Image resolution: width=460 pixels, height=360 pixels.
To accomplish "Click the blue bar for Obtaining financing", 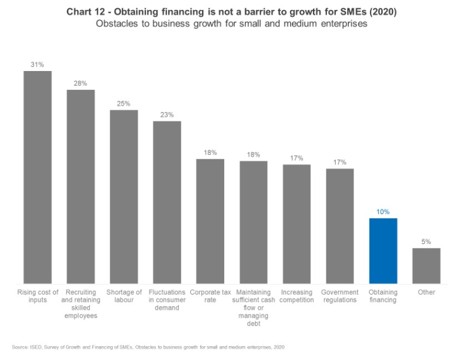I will [383, 251].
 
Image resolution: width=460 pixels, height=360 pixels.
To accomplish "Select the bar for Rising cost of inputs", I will [38, 178].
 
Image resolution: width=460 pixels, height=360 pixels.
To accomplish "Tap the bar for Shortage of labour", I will [124, 197].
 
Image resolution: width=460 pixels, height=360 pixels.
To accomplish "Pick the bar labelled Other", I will [426, 266].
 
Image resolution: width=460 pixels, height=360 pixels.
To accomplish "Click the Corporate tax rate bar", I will [210, 221].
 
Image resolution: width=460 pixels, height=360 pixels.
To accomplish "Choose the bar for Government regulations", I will [340, 226].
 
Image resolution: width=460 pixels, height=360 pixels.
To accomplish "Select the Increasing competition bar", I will [296, 224].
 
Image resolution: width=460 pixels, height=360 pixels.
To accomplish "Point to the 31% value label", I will [38, 65].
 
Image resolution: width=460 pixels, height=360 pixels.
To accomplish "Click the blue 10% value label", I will [383, 212].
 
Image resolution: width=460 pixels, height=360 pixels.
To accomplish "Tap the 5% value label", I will [426, 242].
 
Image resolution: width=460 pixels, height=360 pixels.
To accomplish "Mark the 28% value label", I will [81, 83].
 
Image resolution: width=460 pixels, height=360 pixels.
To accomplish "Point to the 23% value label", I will [167, 115].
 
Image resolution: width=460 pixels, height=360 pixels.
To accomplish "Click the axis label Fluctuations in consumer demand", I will [167, 300].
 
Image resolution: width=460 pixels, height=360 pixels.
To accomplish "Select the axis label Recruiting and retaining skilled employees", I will [81, 304].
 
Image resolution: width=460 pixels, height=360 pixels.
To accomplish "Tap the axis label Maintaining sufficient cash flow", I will [253, 308].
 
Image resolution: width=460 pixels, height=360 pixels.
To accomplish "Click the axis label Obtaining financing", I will [383, 296].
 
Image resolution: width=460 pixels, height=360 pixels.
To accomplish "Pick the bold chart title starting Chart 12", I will [231, 12].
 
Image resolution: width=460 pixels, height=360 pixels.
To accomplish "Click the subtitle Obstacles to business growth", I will [231, 24].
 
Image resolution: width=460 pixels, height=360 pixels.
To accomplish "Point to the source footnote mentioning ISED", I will [148, 347].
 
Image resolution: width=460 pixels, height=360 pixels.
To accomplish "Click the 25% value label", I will [124, 104].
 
